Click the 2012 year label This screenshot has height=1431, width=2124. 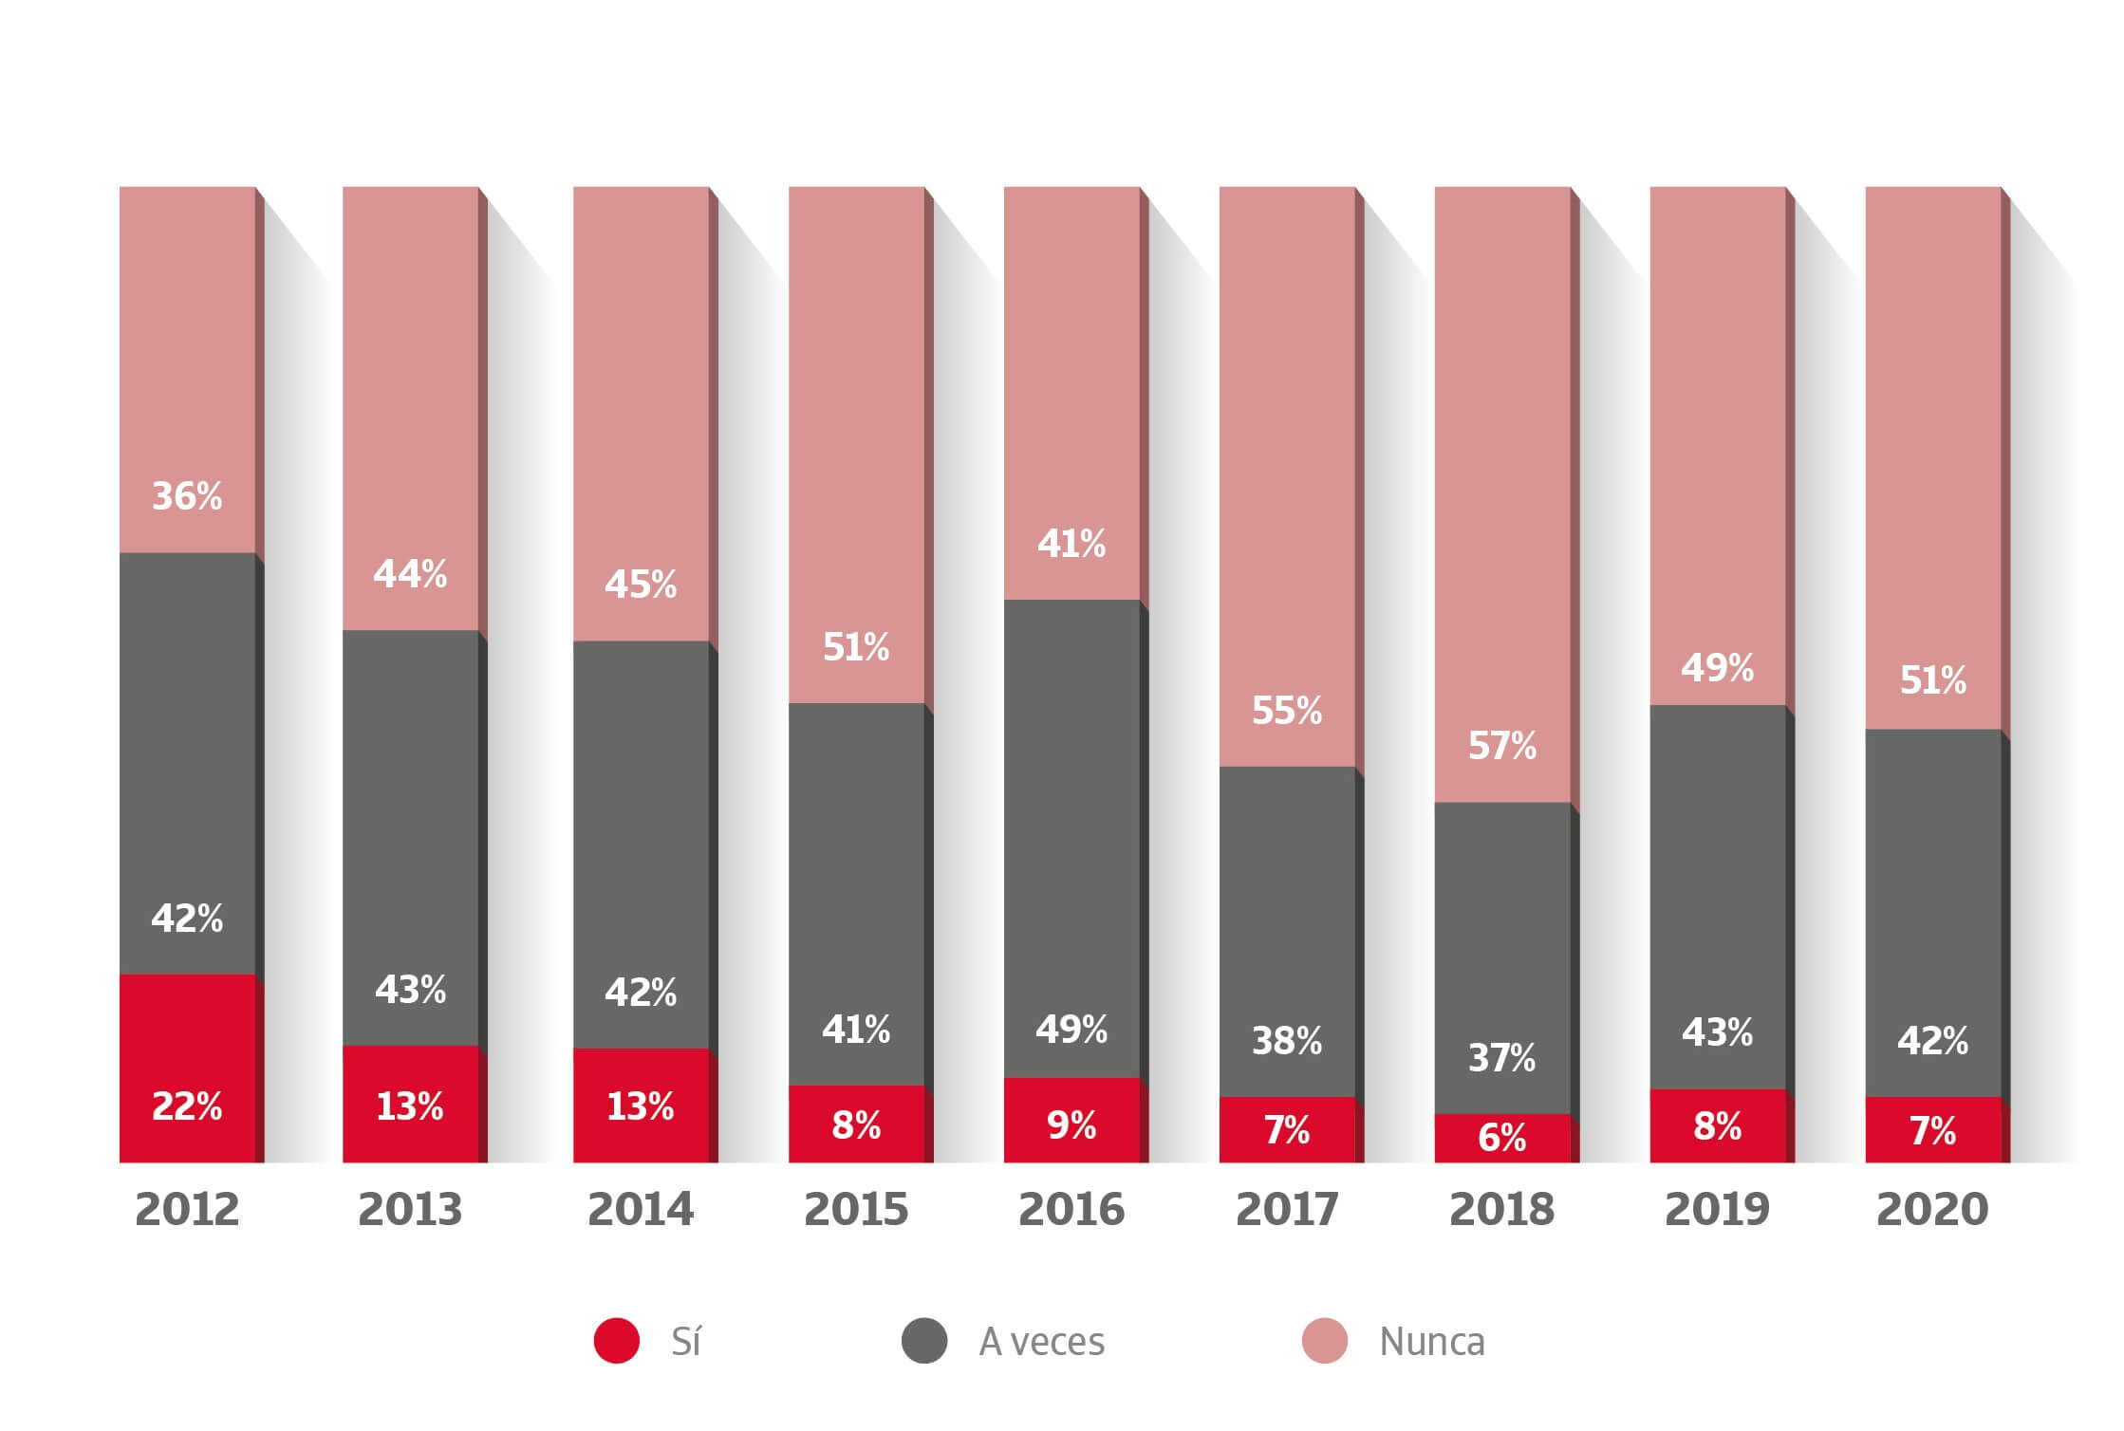[x=187, y=1210]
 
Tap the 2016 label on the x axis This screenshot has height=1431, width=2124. [x=1071, y=1210]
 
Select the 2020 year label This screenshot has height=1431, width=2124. [x=1932, y=1210]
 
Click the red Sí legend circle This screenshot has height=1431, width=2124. [x=617, y=1341]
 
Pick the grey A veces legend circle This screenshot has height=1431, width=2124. [x=924, y=1341]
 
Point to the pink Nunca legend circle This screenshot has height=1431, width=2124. [x=1325, y=1341]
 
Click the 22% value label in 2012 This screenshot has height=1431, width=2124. [x=187, y=1106]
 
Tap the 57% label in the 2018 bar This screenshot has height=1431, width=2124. [x=1502, y=746]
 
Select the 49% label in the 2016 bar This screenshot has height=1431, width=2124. [x=1071, y=1030]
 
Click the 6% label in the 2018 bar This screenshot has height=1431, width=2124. [x=1502, y=1137]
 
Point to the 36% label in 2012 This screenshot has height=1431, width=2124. [x=187, y=496]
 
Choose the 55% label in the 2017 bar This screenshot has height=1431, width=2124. [x=1287, y=711]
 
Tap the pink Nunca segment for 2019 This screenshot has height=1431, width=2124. [x=1718, y=427]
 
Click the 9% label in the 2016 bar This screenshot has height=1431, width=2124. [x=1071, y=1125]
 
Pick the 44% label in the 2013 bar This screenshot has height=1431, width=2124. [x=410, y=574]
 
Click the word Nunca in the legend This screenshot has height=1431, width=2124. [x=1432, y=1342]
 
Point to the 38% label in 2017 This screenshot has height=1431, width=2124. [x=1287, y=1042]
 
